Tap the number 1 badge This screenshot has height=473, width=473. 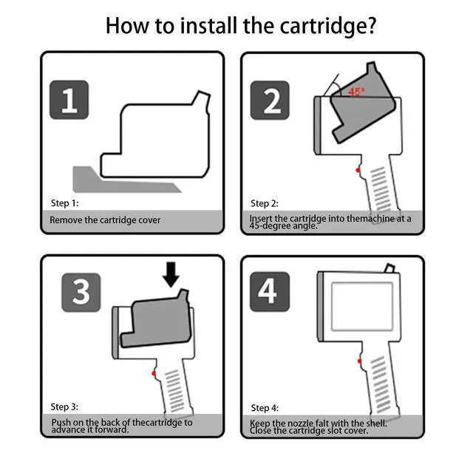tap(69, 100)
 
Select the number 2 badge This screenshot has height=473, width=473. tap(270, 101)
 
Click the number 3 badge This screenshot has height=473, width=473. tap(81, 293)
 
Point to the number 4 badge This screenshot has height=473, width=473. tap(270, 291)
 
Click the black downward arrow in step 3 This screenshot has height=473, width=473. tap(171, 274)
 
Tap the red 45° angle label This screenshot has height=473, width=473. tap(356, 91)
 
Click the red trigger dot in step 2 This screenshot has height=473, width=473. tap(358, 171)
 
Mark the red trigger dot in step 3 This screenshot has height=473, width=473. tap(154, 374)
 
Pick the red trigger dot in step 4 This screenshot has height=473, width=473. tap(360, 361)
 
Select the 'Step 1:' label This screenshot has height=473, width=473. tap(64, 203)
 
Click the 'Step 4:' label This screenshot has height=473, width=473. tap(265, 408)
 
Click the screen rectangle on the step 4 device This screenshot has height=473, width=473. tap(362, 307)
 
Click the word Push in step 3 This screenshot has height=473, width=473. tap(61, 422)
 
